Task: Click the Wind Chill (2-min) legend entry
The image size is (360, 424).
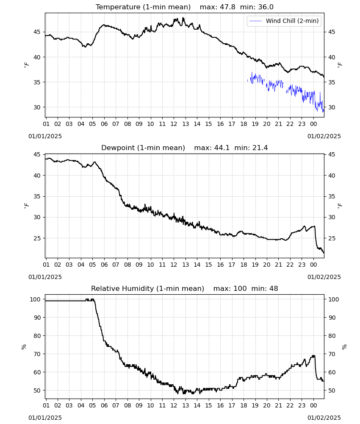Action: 284,21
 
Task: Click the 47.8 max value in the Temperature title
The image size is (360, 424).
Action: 228,7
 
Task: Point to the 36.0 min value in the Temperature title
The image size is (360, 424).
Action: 266,7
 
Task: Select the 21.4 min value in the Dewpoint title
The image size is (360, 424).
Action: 260,148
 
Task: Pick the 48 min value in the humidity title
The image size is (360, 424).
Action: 274,288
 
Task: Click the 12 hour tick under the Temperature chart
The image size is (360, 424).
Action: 174,124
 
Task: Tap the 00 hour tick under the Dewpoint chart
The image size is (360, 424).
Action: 313,265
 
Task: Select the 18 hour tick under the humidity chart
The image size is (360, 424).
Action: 244,405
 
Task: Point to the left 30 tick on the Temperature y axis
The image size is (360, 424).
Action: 37,107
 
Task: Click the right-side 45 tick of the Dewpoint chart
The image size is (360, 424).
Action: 332,154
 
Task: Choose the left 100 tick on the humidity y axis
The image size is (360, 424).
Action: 35,299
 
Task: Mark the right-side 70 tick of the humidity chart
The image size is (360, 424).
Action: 332,354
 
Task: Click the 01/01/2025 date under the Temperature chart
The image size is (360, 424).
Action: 45,136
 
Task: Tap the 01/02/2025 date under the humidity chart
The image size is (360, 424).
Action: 324,418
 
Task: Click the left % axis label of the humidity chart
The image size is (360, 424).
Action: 24,347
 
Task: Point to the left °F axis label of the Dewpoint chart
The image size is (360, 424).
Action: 26,206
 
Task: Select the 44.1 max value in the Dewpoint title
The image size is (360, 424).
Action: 222,148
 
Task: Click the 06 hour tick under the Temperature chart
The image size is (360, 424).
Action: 104,124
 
